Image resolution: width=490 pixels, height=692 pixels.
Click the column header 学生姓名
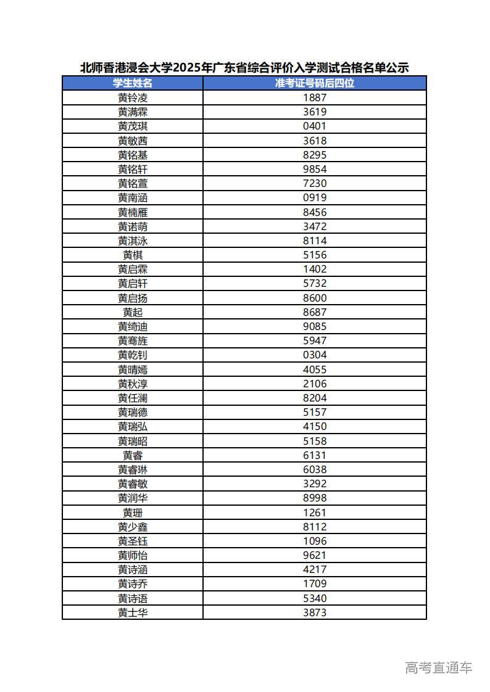pos(133,83)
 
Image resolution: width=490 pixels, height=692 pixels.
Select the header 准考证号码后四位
pos(315,83)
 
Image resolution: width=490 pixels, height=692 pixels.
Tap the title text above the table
pos(244,68)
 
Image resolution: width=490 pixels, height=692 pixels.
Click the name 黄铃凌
pos(133,97)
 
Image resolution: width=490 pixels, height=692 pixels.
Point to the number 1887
pos(315,97)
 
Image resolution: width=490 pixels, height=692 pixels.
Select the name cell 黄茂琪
pos(133,126)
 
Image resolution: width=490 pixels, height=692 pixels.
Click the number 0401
pos(315,126)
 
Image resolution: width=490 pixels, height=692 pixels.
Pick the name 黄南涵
pos(133,198)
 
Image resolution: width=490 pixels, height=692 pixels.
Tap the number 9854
pos(315,169)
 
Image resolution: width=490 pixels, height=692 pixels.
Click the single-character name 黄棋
pos(133,255)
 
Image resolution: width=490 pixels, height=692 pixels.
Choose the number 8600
pos(315,298)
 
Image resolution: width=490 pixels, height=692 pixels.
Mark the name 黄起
pos(133,312)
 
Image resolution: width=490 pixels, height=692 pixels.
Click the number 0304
pos(315,355)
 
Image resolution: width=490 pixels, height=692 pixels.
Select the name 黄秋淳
pos(133,384)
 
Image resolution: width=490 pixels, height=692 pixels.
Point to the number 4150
pos(315,427)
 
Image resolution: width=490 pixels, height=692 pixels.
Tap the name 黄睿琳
pos(133,469)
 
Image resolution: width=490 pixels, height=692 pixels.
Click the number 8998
pos(315,498)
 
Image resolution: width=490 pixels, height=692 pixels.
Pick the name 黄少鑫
pos(133,527)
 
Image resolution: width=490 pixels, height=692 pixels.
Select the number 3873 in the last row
pos(315,612)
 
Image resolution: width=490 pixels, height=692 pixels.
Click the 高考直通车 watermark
pos(439,667)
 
